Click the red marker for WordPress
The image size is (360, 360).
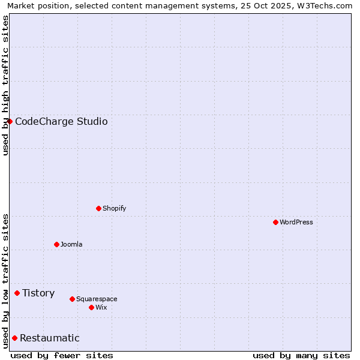tap(275, 222)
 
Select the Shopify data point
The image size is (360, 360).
tap(98, 208)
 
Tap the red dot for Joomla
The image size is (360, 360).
tap(56, 244)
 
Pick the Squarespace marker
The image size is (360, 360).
tap(72, 299)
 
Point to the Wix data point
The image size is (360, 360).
tap(91, 307)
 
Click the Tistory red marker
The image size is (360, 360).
tap(17, 293)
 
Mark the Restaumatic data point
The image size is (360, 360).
tap(14, 338)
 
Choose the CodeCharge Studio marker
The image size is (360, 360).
tap(10, 121)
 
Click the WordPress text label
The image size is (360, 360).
tap(296, 222)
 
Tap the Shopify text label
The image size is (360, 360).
tap(114, 208)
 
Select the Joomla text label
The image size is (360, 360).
tap(71, 244)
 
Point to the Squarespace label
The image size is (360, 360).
tap(97, 299)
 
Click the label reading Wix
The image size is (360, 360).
tap(101, 307)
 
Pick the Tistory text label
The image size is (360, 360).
tap(38, 293)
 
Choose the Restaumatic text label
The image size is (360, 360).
tap(49, 338)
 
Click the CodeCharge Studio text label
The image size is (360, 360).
tap(61, 121)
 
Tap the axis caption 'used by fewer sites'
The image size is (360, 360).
tap(62, 355)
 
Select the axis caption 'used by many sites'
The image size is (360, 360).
tap(301, 355)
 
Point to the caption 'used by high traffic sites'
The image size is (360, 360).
tap(5, 85)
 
